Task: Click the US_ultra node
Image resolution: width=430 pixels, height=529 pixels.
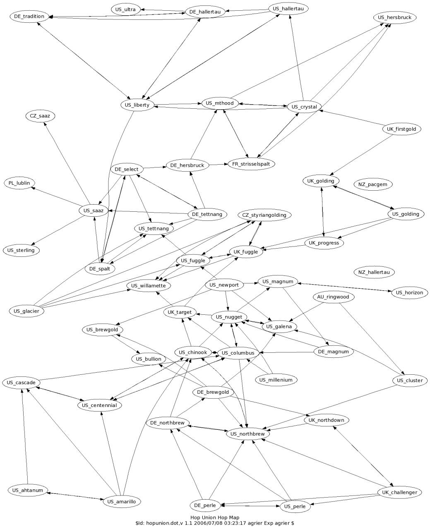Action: (125, 10)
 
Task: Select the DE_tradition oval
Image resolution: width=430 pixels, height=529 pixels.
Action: (29, 17)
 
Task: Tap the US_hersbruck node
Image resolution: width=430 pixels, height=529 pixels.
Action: (394, 17)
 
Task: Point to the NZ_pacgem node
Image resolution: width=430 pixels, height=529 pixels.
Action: (372, 184)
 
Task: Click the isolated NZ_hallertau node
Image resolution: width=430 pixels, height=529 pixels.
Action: (374, 272)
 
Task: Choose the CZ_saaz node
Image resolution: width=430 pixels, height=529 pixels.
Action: (40, 116)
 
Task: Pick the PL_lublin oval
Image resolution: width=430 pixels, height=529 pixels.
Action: (19, 183)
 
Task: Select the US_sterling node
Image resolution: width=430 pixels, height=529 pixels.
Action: (21, 250)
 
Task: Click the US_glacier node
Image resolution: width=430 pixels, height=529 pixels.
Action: (26, 311)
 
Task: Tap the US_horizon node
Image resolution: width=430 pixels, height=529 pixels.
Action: (409, 292)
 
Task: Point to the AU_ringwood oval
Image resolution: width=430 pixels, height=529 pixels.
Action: (333, 297)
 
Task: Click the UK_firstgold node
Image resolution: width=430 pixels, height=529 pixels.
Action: (401, 129)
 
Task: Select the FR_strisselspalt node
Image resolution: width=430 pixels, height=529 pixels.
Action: (251, 164)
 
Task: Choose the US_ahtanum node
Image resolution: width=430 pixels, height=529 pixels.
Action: (28, 490)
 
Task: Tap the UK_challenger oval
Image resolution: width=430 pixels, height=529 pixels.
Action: (399, 492)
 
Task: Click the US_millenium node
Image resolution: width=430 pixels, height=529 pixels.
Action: (276, 380)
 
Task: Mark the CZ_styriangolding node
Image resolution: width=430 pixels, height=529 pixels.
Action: (264, 215)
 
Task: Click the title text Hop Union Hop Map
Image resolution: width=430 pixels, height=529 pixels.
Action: (215, 517)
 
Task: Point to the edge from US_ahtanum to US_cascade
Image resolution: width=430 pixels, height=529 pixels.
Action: (25, 436)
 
